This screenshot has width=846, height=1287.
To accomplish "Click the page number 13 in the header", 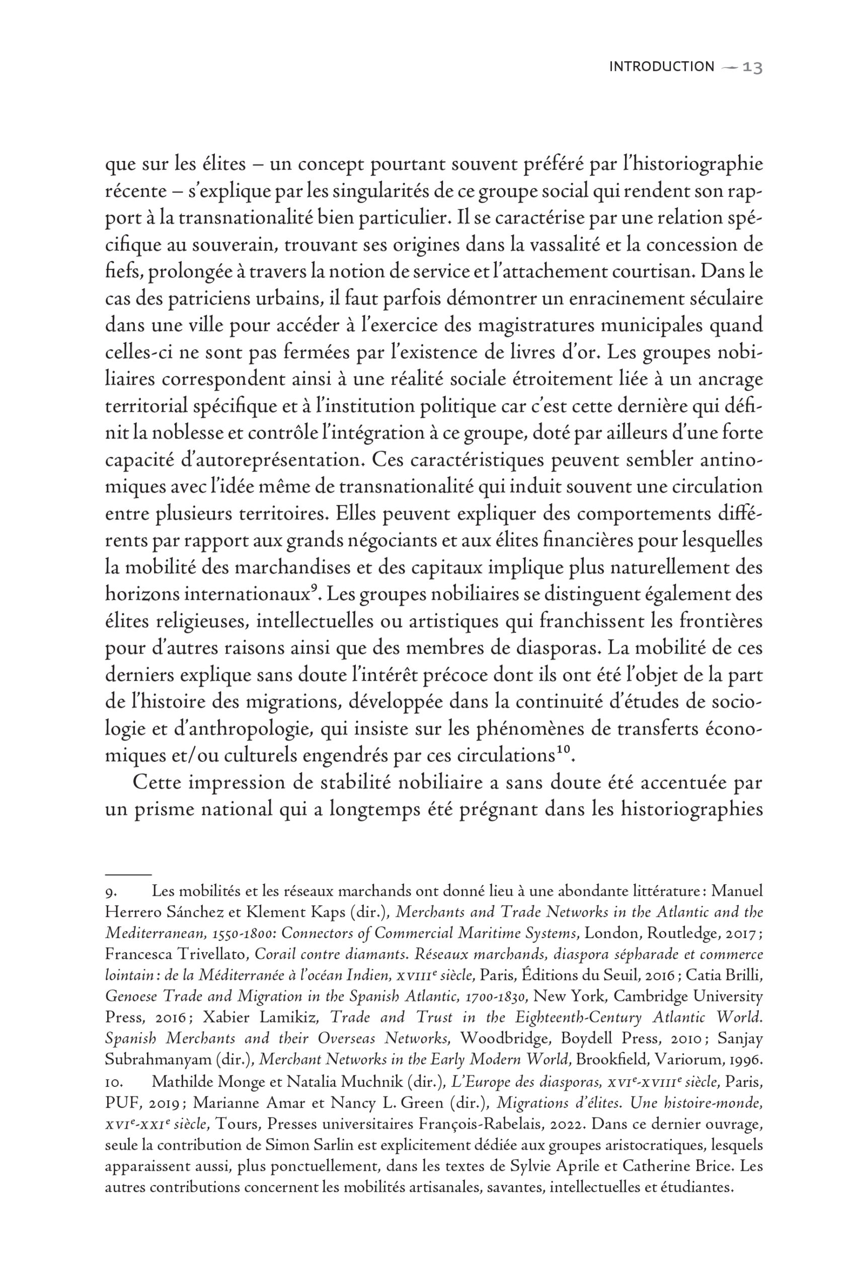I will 752,67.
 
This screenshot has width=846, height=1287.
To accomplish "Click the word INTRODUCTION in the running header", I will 661,67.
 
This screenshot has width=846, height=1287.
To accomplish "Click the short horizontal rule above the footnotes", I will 128,874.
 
